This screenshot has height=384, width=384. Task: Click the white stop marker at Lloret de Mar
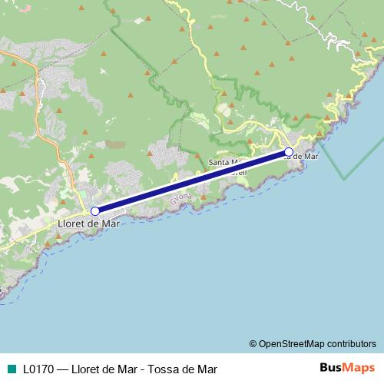95,210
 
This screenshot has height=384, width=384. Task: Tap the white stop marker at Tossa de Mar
289,152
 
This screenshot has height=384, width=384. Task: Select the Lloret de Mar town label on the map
89,223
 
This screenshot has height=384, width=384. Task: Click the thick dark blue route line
192,181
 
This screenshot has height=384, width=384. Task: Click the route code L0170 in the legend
38,369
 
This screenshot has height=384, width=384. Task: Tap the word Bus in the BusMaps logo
331,368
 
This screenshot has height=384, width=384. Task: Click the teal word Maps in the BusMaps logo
359,368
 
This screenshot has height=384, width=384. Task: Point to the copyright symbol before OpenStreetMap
253,343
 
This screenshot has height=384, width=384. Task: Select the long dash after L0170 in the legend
63,369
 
